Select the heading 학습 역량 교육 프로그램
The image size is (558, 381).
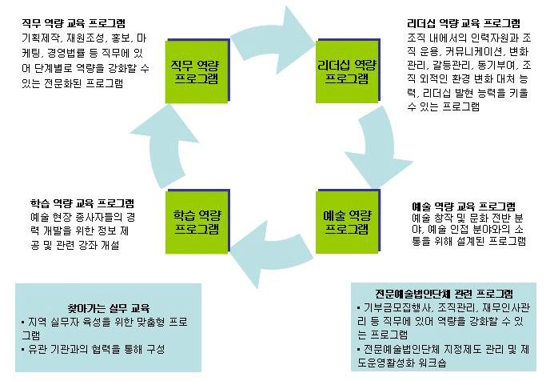[77, 203]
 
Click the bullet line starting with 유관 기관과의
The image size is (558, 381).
[92, 349]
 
